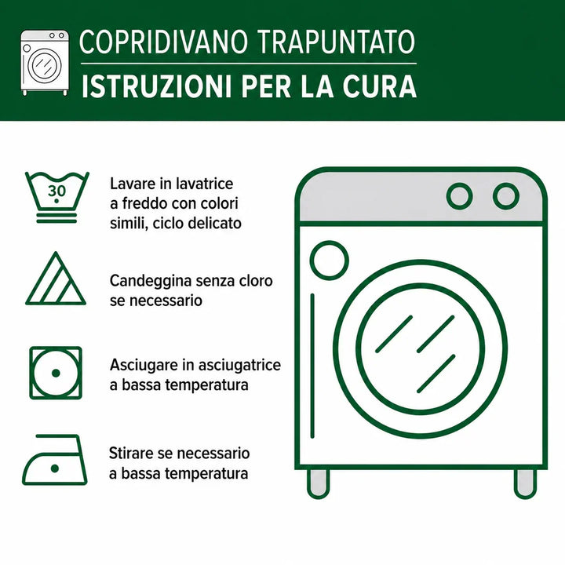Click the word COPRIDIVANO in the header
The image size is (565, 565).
click(163, 42)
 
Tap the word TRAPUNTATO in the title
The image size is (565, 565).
click(336, 42)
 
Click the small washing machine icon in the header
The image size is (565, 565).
click(45, 63)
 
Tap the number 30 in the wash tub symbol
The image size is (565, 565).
click(57, 191)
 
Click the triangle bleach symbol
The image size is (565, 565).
click(56, 279)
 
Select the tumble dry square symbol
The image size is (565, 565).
click(56, 373)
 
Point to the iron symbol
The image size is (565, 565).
click(54, 460)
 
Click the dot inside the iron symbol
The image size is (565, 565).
click(55, 468)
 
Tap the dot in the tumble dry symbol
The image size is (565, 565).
click(56, 374)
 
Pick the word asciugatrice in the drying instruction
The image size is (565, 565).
click(239, 366)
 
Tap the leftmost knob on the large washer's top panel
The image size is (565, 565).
click(459, 196)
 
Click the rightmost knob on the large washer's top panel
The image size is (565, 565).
click(506, 196)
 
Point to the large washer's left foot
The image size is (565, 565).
click(318, 483)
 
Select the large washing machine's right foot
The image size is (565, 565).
click(525, 483)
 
